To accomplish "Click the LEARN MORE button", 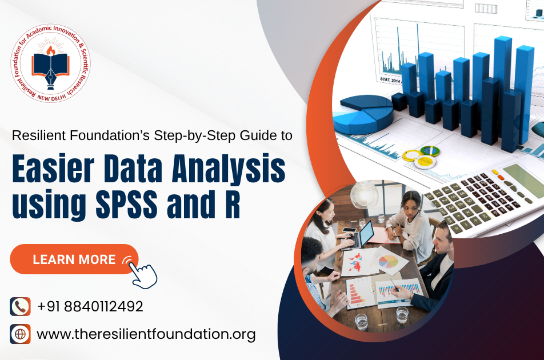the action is [x=74, y=259].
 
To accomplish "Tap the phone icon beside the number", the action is [x=20, y=306].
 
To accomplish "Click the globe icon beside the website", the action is [x=20, y=334].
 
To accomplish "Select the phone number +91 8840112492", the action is [x=90, y=307].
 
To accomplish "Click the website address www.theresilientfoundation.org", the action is [x=146, y=334].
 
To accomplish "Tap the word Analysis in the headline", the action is [x=229, y=170].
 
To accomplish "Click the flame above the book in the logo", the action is [x=51, y=51].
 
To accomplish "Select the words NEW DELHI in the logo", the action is [x=51, y=98].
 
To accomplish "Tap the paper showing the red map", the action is [x=357, y=262].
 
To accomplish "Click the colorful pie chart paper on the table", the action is [x=389, y=261].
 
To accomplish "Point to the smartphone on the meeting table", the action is [x=349, y=230].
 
